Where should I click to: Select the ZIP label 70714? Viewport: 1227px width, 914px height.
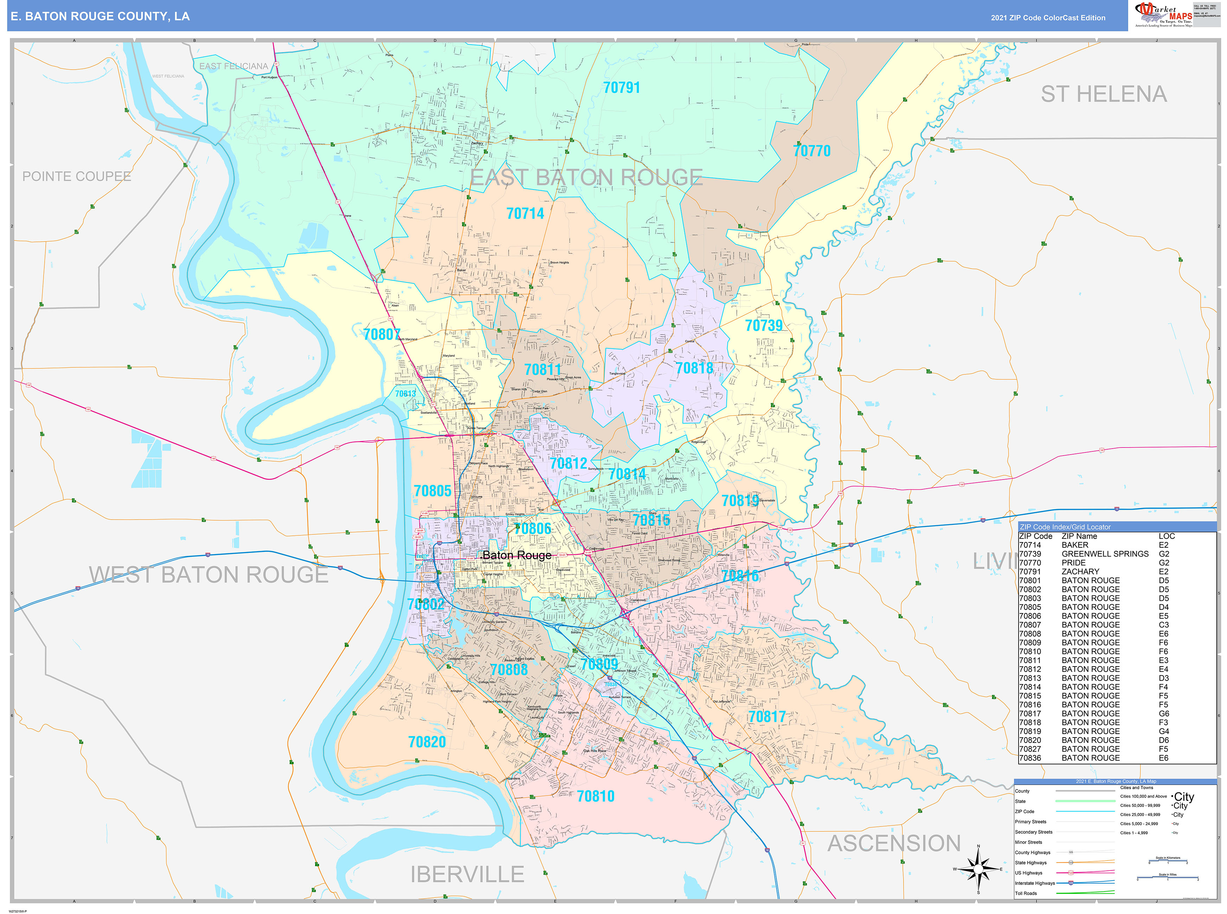pos(525,214)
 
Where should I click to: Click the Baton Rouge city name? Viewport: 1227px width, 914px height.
pos(517,555)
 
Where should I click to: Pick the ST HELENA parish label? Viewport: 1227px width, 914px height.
pos(1104,95)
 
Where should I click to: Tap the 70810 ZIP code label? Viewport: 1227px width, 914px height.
pos(595,797)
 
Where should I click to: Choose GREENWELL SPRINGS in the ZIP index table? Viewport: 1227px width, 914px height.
pos(1104,554)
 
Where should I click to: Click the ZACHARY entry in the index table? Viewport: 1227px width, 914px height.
pos(1080,572)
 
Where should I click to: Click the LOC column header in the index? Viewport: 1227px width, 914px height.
pos(1166,536)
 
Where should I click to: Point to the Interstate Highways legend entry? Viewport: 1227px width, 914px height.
pos(1034,883)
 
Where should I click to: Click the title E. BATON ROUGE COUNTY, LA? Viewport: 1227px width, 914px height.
pos(100,17)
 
